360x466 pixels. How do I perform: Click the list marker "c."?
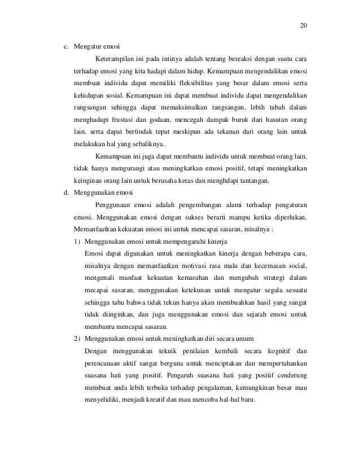click(65, 46)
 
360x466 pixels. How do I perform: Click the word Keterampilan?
click(115, 58)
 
